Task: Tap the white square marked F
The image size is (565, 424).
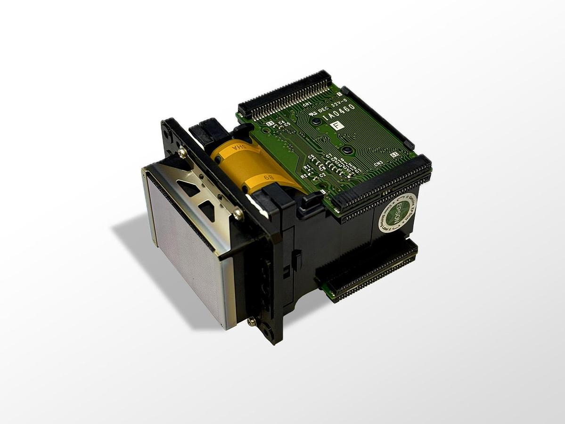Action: coord(336,125)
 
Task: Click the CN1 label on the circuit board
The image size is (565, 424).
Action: coord(307,105)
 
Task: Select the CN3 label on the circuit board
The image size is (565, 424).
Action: coord(378,164)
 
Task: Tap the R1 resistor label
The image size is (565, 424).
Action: coord(307,167)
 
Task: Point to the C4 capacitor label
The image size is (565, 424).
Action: coord(281,123)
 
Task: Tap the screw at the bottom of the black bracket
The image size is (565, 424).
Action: coord(251,321)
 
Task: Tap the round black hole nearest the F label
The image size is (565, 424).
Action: coord(317,121)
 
